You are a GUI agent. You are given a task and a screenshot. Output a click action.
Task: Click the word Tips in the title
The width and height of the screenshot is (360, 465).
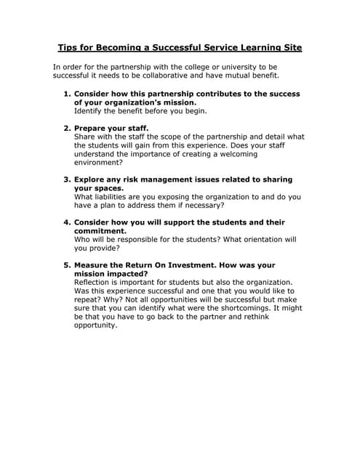coord(68,49)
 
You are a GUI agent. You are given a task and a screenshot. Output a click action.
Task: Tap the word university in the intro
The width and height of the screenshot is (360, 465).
coord(232,67)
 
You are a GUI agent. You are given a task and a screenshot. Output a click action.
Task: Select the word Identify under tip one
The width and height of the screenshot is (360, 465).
coord(90,111)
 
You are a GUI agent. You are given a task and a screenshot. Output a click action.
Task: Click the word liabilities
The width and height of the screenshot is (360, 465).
coord(115,197)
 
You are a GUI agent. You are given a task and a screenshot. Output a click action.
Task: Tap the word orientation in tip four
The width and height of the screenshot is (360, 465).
coord(252,239)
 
